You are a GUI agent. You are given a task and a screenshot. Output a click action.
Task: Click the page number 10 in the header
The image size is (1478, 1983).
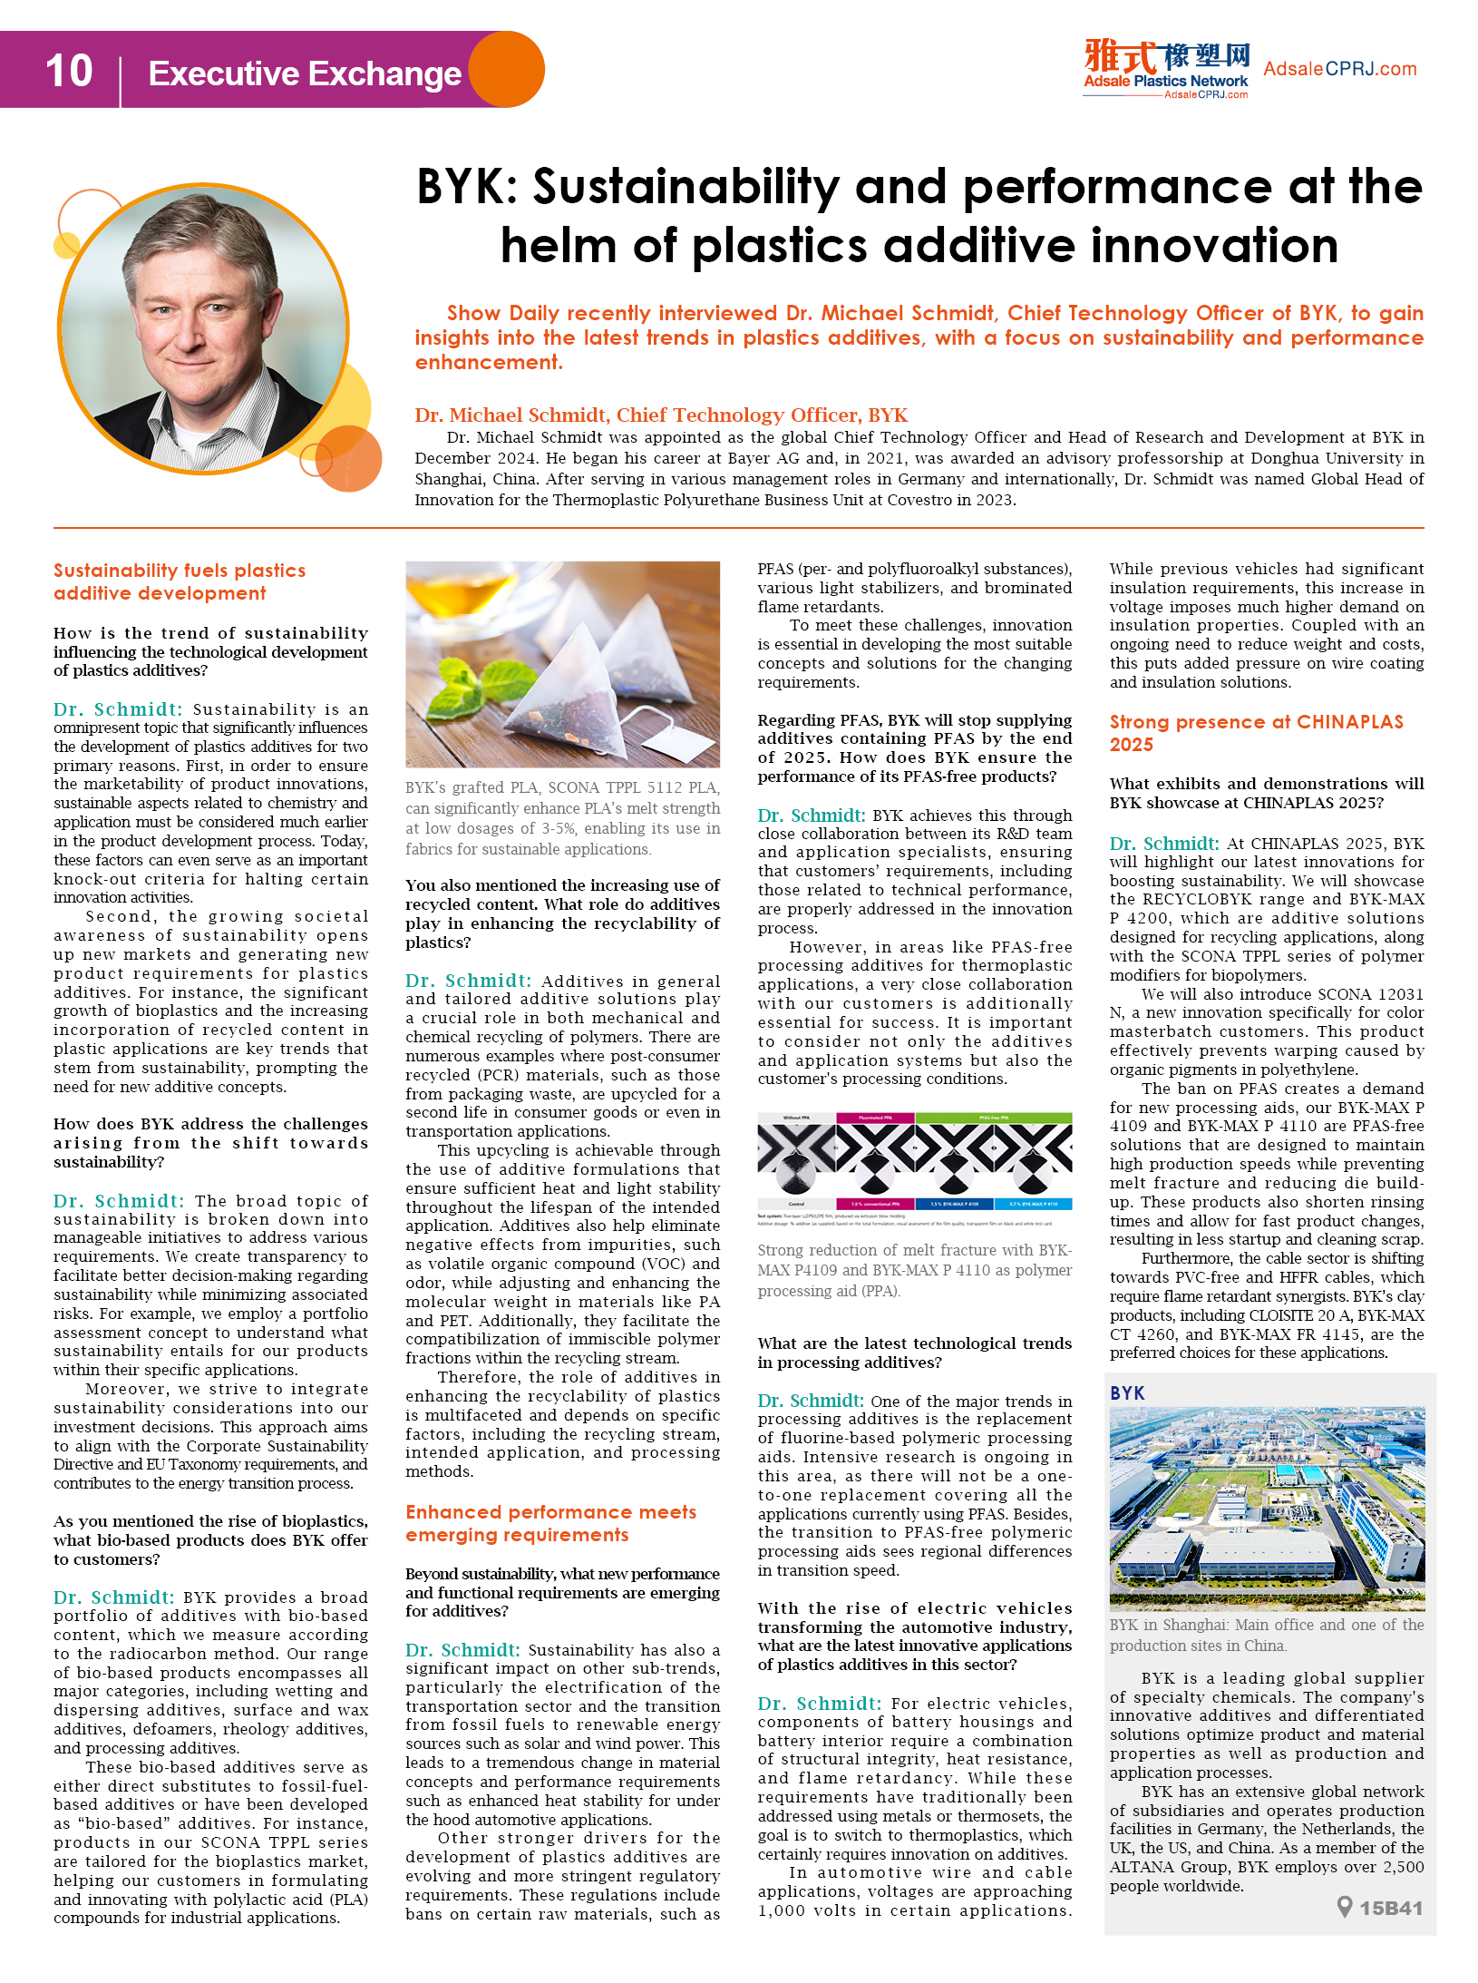(69, 71)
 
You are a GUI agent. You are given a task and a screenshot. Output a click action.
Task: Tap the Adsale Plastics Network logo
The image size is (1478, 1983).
(1166, 68)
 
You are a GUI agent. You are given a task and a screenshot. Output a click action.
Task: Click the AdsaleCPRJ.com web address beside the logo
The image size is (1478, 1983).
(1339, 69)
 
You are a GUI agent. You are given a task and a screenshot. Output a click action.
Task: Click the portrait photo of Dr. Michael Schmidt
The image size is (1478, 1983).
(203, 328)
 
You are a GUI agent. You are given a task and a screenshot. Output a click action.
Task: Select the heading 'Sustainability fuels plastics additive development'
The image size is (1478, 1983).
(180, 581)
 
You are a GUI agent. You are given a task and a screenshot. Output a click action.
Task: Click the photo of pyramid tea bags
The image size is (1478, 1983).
(562, 664)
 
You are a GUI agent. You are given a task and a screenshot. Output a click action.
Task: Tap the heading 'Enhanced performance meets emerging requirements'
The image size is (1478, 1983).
(551, 1523)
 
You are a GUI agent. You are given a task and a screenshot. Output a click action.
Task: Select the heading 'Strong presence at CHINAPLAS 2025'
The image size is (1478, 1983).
(1256, 733)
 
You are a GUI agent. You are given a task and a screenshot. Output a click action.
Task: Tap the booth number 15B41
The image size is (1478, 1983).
(1391, 1908)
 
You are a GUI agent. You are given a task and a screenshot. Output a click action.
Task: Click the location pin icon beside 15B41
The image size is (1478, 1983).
(1345, 1907)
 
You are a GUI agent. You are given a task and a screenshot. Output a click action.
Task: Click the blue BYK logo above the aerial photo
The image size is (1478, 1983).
(1127, 1392)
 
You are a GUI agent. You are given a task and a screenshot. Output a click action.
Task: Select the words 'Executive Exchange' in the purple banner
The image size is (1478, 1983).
(305, 73)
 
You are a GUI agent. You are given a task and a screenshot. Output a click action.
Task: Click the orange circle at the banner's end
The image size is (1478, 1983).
(508, 70)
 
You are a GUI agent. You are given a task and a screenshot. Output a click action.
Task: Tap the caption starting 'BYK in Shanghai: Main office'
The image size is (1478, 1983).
(1266, 1635)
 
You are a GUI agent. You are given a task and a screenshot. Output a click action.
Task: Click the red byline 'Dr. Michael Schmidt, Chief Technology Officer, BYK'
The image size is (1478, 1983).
(661, 415)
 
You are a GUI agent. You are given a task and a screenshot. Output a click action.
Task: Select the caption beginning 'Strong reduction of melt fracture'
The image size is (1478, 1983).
(914, 1270)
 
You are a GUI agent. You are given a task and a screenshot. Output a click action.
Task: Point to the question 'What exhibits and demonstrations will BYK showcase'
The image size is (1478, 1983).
(1266, 793)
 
